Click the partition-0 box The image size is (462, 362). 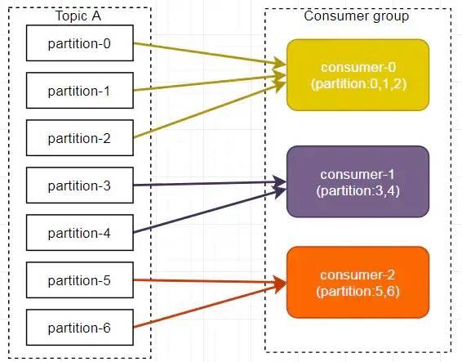[x=80, y=43]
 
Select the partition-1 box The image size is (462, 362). [x=80, y=90]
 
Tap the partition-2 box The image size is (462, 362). [x=80, y=138]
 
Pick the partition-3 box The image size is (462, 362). [x=80, y=185]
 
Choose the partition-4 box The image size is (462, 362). [x=80, y=233]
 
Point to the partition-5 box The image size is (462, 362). [x=80, y=280]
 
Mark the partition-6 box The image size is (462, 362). [x=80, y=328]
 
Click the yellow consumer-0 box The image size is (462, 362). [x=358, y=75]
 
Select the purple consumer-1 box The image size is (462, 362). [x=358, y=181]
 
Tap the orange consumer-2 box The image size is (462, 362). [x=358, y=283]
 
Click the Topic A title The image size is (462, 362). [x=78, y=16]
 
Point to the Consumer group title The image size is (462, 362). [x=357, y=16]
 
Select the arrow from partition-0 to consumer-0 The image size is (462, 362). [x=210, y=54]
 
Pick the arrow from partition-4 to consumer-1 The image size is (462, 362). [x=210, y=211]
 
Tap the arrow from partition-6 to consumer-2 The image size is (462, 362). [x=210, y=306]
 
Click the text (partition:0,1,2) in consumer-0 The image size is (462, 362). [x=358, y=84]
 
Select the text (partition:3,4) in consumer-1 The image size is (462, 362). [x=358, y=191]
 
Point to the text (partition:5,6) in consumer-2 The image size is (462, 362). [x=358, y=292]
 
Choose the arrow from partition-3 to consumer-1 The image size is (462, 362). [x=210, y=184]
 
